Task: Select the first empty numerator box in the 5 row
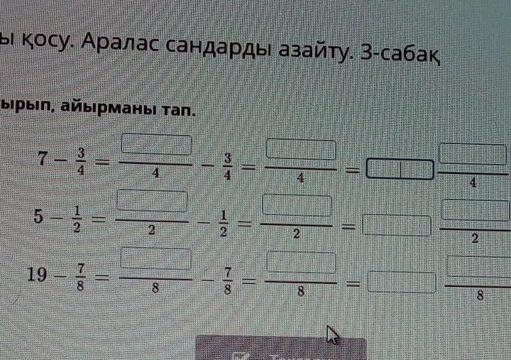pos(152,202)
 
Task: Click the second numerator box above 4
pos(300,151)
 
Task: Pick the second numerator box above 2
pos(298,207)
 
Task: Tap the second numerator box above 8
pos(301,263)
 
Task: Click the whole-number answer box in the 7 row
pos(399,170)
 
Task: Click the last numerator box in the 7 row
pos(473,155)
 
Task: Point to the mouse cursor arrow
pos(331,334)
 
